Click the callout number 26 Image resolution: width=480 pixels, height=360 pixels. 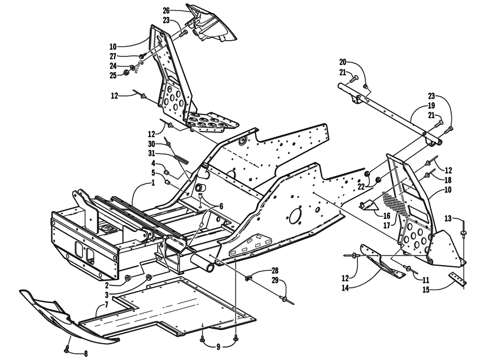(165, 10)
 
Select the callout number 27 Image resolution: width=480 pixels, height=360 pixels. (112, 56)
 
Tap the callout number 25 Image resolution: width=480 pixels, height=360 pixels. (112, 75)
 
